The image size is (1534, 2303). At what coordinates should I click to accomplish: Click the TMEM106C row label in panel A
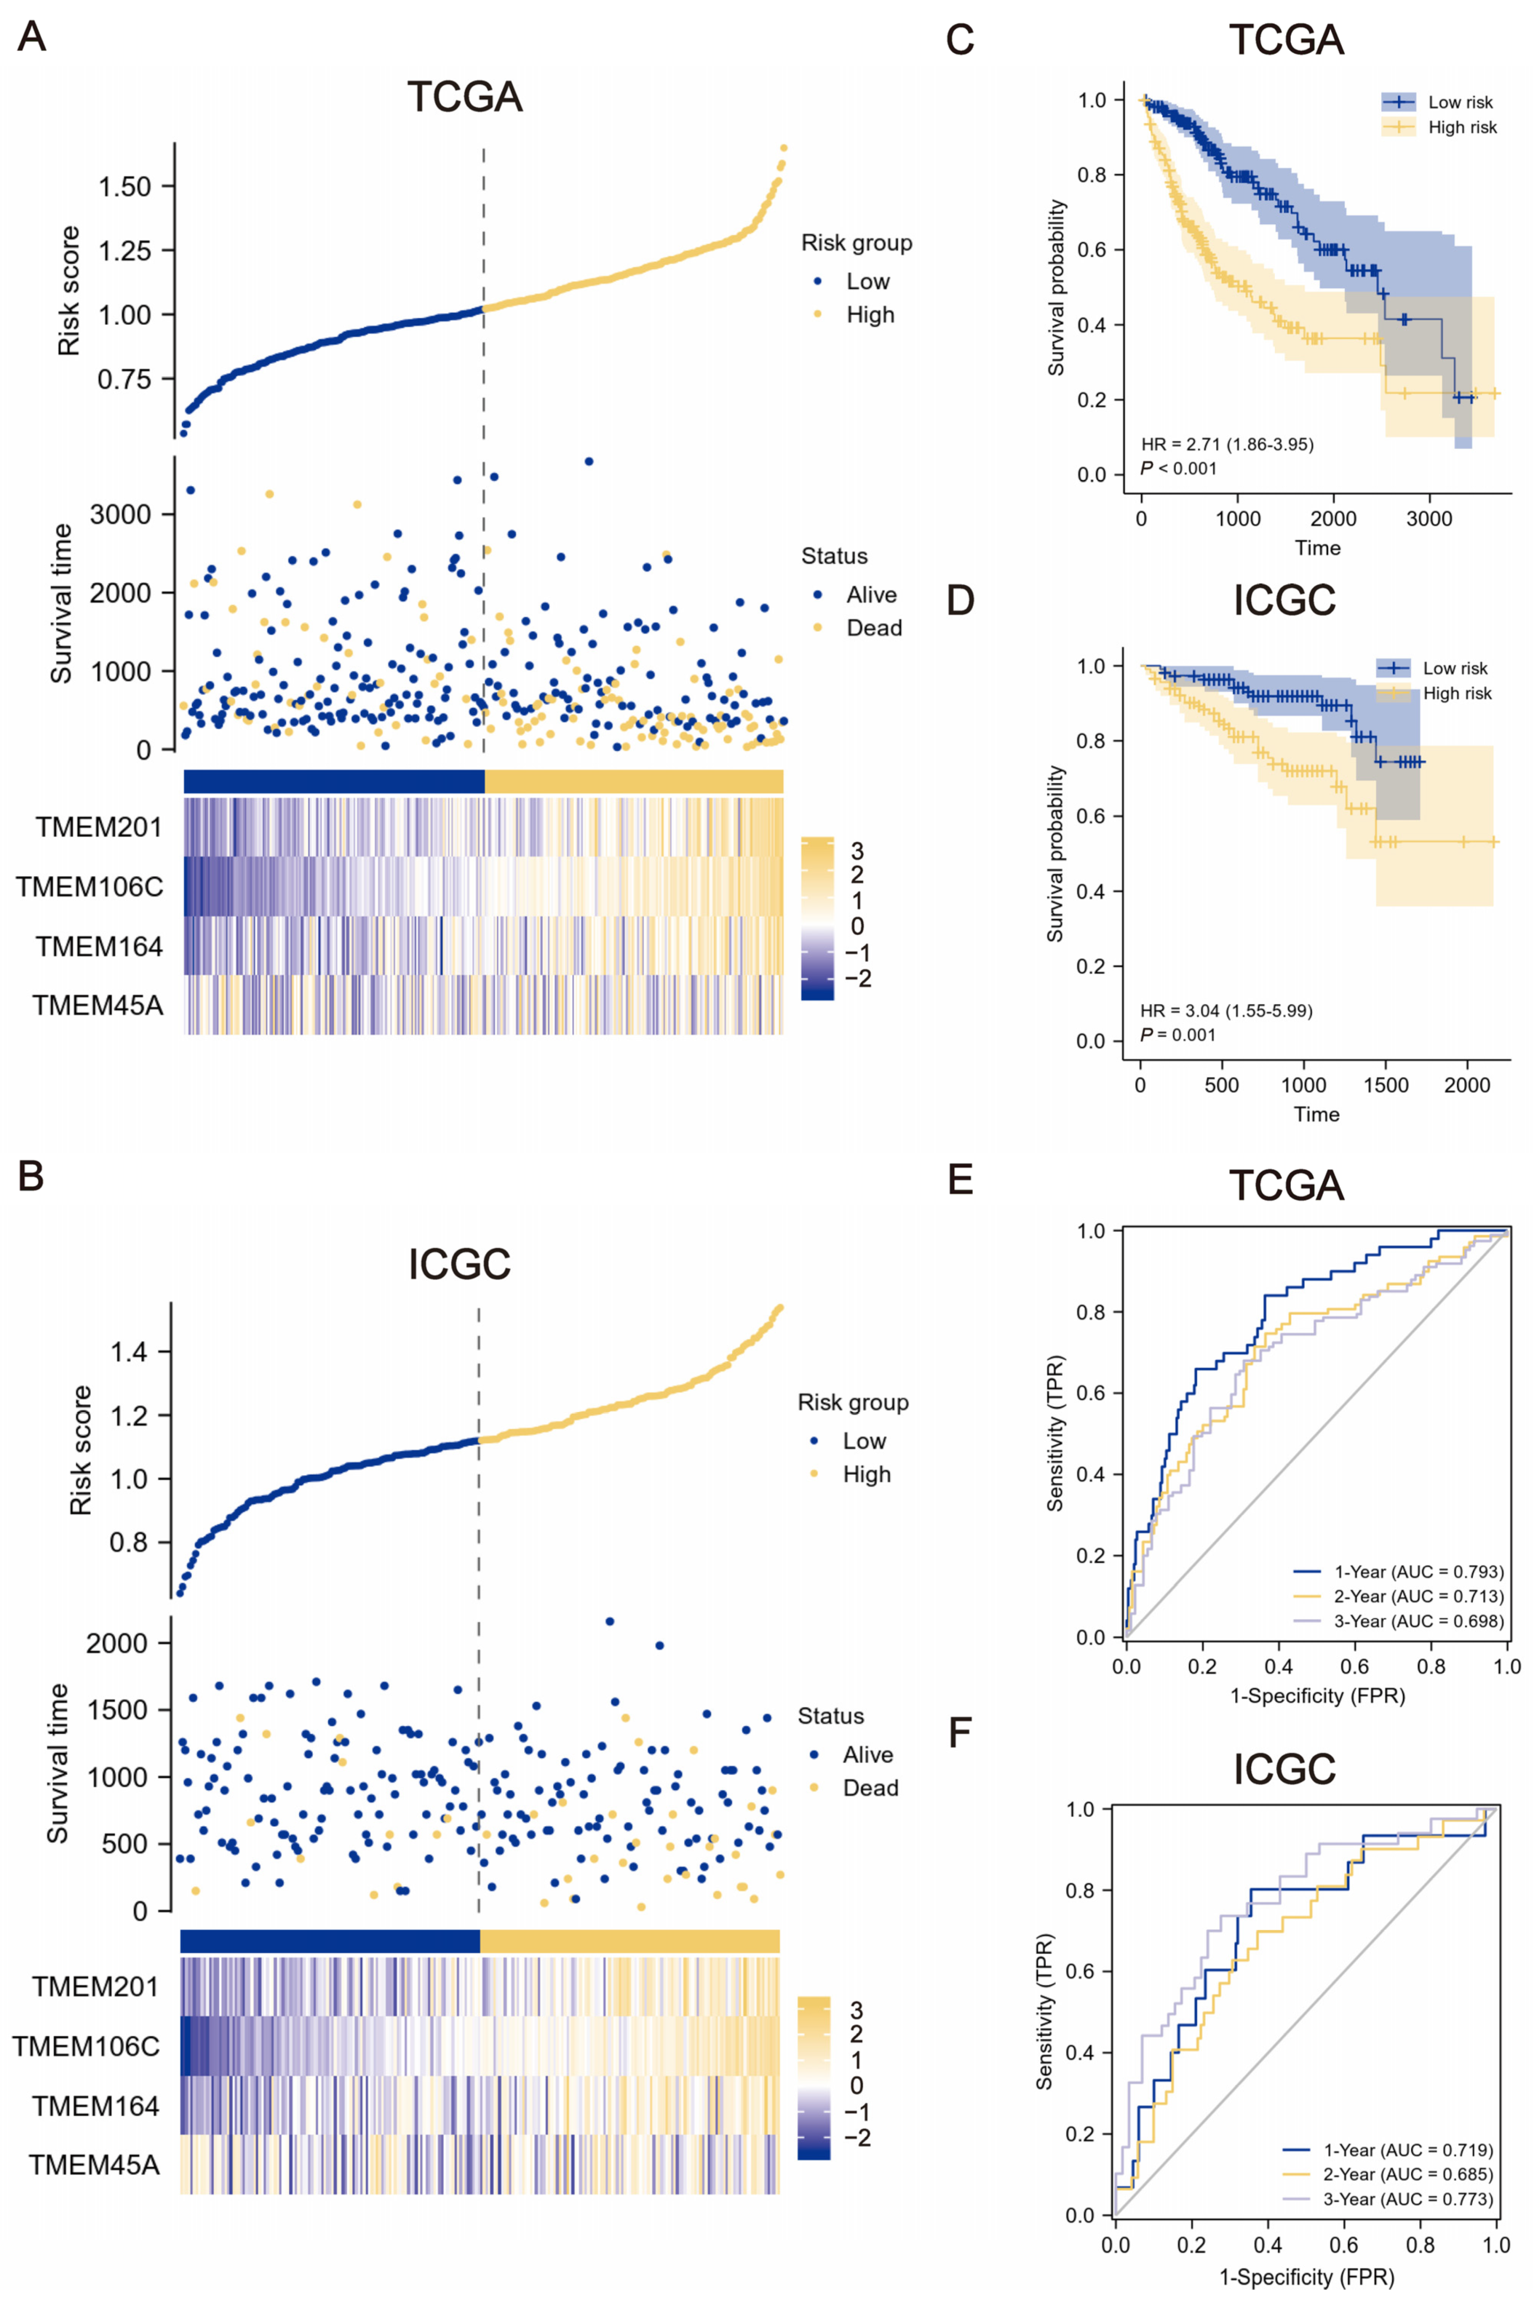point(89,888)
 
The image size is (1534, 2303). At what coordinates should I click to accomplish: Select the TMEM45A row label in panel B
point(94,2165)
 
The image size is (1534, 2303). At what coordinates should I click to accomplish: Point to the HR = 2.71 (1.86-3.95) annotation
point(1227,444)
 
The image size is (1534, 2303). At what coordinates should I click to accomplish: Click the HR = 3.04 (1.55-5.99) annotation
point(1226,1010)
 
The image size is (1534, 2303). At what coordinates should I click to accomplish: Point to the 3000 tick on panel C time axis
point(1429,518)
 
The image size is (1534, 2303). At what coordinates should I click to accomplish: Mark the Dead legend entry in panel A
point(873,628)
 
